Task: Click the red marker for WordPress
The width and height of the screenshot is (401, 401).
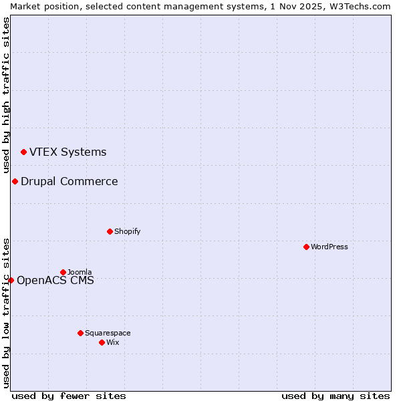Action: (306, 247)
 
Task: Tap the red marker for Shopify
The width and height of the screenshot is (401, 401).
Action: (110, 231)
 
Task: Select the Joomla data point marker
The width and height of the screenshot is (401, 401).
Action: (63, 272)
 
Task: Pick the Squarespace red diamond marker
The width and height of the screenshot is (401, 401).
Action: (80, 333)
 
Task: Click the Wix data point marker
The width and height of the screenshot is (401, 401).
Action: (102, 342)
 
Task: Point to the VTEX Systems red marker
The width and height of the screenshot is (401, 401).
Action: (23, 152)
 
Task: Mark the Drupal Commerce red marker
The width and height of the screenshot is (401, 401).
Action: (15, 181)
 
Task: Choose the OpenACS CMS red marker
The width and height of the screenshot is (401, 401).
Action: (11, 280)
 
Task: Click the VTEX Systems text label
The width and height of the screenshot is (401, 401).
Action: (68, 152)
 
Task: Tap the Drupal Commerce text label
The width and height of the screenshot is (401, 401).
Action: (69, 181)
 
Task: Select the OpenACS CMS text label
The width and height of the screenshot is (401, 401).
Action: (55, 280)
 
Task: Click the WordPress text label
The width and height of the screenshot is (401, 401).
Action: (329, 247)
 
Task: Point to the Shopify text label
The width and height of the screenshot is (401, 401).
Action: (127, 231)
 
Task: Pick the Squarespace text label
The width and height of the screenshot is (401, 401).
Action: (108, 333)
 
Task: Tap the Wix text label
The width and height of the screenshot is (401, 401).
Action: (112, 342)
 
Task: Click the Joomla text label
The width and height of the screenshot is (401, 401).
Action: (80, 272)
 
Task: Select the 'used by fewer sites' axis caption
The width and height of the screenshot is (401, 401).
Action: (69, 396)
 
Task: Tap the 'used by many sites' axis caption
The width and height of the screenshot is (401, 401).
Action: (336, 396)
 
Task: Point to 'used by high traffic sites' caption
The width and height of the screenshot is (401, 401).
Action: (6, 96)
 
